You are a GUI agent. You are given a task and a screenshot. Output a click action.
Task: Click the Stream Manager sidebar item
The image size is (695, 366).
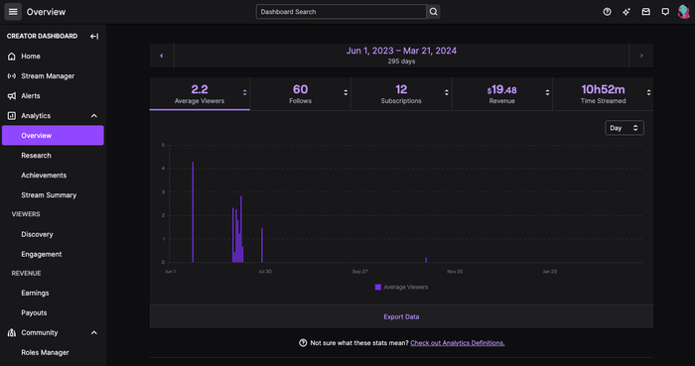tap(48, 76)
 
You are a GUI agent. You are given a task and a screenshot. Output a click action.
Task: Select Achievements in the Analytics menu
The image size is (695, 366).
tap(44, 176)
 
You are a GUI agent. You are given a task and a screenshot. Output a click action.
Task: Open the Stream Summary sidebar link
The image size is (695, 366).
tap(49, 195)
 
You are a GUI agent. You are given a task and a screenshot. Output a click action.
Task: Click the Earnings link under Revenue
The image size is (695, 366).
tap(35, 293)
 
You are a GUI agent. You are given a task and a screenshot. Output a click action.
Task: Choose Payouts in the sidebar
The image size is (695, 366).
tap(34, 312)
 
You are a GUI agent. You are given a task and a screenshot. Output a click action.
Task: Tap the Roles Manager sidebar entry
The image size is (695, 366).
tap(45, 352)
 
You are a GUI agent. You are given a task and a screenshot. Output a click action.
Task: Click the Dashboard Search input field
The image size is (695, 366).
tap(341, 12)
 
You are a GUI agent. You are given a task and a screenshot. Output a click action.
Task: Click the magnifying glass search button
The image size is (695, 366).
tap(434, 12)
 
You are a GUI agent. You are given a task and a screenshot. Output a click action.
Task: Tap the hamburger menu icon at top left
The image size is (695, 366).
tap(14, 12)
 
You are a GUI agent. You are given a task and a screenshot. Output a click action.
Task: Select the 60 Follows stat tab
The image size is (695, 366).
tap(300, 94)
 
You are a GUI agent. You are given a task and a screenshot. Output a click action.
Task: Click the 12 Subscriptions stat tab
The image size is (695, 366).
tap(401, 94)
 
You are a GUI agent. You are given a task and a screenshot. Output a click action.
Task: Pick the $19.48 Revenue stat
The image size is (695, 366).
tap(501, 94)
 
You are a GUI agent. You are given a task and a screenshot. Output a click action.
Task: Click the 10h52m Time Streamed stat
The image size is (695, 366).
tap(603, 94)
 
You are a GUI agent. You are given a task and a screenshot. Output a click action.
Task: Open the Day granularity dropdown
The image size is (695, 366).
tap(625, 128)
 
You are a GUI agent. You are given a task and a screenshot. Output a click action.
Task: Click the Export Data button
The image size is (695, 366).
tap(401, 316)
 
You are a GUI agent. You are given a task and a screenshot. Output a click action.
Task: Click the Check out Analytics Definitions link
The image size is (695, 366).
tap(457, 343)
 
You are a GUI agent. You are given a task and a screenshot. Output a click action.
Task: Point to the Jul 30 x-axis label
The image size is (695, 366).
tap(264, 271)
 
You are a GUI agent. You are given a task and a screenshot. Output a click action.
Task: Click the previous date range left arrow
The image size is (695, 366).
tap(162, 56)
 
